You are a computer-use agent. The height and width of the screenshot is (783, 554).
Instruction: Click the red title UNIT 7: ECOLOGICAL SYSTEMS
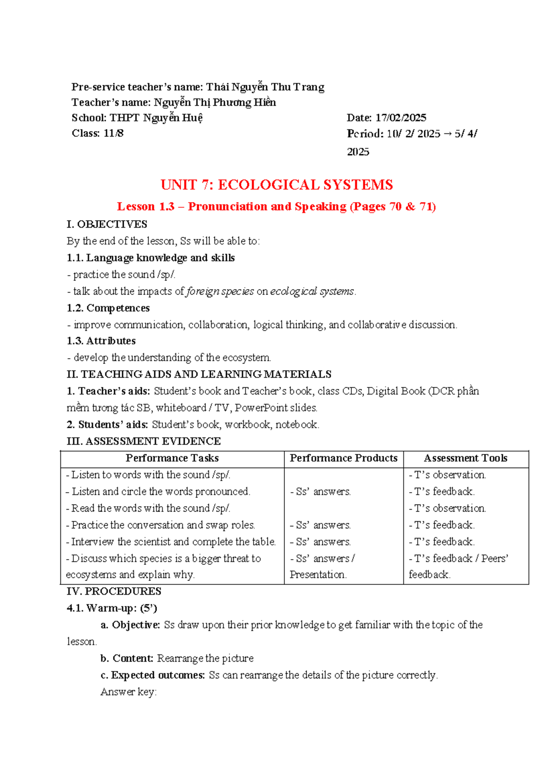[277, 185]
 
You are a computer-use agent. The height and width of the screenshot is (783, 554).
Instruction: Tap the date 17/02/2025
[400, 118]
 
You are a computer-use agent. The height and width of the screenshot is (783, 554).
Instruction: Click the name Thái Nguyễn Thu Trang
[265, 87]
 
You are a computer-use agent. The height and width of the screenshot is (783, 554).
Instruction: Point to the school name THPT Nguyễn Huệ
[156, 118]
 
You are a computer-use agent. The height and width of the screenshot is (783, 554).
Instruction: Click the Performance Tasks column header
[172, 458]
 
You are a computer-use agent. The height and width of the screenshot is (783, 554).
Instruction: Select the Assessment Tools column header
[465, 458]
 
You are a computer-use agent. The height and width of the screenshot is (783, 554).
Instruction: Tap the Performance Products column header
[343, 458]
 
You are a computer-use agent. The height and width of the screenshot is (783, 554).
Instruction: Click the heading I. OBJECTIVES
[107, 224]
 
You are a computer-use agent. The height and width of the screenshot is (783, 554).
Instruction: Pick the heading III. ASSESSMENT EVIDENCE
[144, 441]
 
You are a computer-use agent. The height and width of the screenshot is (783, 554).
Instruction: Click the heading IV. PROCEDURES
[114, 591]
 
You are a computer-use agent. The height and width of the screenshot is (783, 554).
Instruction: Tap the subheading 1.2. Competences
[108, 308]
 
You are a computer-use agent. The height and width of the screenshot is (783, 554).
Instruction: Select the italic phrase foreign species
[220, 291]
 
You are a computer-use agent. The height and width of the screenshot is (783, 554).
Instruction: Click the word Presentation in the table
[318, 575]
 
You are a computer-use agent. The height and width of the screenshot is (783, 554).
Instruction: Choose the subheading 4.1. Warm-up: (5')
[112, 608]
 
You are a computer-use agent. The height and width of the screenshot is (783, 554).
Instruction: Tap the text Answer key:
[128, 692]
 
